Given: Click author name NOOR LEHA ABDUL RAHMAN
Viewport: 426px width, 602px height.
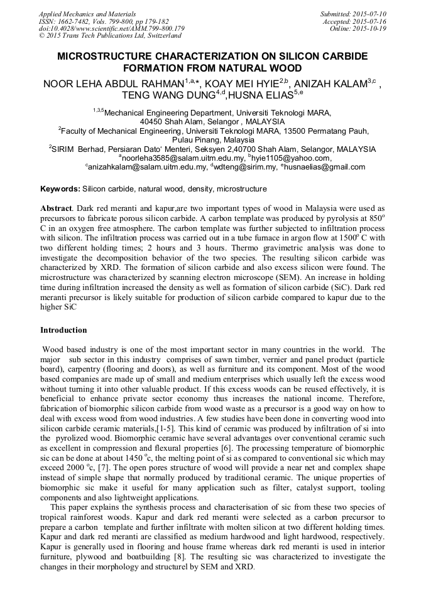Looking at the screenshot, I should [112, 83].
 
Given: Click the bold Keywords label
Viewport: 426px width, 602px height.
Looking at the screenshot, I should [60, 189].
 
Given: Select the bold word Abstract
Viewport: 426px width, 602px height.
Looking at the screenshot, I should [55, 208].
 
